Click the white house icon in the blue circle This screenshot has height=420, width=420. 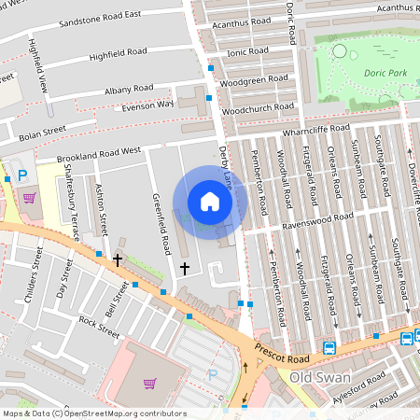tap(210, 201)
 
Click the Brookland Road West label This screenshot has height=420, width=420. tap(98, 152)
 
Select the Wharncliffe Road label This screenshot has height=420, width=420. tap(315, 129)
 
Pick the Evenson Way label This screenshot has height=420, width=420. tap(142, 106)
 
